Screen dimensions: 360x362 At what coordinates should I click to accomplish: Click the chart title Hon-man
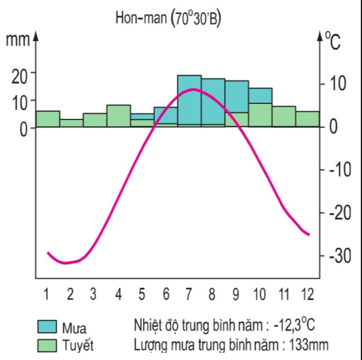click(x=141, y=18)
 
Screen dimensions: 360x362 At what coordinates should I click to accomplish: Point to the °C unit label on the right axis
click(x=333, y=41)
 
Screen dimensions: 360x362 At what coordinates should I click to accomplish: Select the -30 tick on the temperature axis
click(x=340, y=256)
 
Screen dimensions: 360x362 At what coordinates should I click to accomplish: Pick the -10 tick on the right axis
click(x=340, y=170)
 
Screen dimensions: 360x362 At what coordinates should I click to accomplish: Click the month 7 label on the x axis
click(x=188, y=294)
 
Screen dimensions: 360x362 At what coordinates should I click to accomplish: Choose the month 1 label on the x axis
click(x=46, y=294)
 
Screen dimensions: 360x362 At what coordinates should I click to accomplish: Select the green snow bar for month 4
click(x=118, y=116)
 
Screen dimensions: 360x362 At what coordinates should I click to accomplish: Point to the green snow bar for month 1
click(x=48, y=119)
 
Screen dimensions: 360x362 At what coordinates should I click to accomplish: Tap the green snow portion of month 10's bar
click(x=260, y=115)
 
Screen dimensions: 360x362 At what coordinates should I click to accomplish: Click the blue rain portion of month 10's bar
click(x=260, y=95)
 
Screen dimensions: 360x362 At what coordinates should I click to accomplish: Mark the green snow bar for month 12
click(x=308, y=119)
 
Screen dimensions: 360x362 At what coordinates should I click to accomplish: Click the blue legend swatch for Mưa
click(x=47, y=327)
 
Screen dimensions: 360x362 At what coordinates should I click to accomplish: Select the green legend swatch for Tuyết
click(x=47, y=345)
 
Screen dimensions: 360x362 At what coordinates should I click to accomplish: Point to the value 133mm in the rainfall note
click(x=309, y=344)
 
